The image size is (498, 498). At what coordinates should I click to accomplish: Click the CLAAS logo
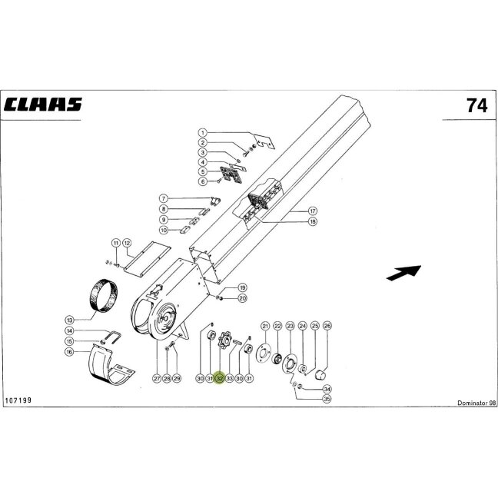(x=42, y=105)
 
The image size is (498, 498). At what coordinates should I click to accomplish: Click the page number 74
(x=476, y=105)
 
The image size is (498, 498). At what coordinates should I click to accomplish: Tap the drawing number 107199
(x=18, y=400)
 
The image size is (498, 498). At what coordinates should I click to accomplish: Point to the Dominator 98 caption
(x=476, y=403)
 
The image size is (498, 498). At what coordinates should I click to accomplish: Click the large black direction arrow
(x=403, y=273)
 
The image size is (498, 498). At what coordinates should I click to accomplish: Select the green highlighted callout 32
(x=220, y=378)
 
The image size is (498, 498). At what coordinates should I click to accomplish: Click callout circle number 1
(x=203, y=132)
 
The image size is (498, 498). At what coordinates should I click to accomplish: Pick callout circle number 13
(x=69, y=320)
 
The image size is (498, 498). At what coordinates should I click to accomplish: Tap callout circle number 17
(x=313, y=211)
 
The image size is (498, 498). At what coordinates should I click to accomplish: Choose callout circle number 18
(x=313, y=221)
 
